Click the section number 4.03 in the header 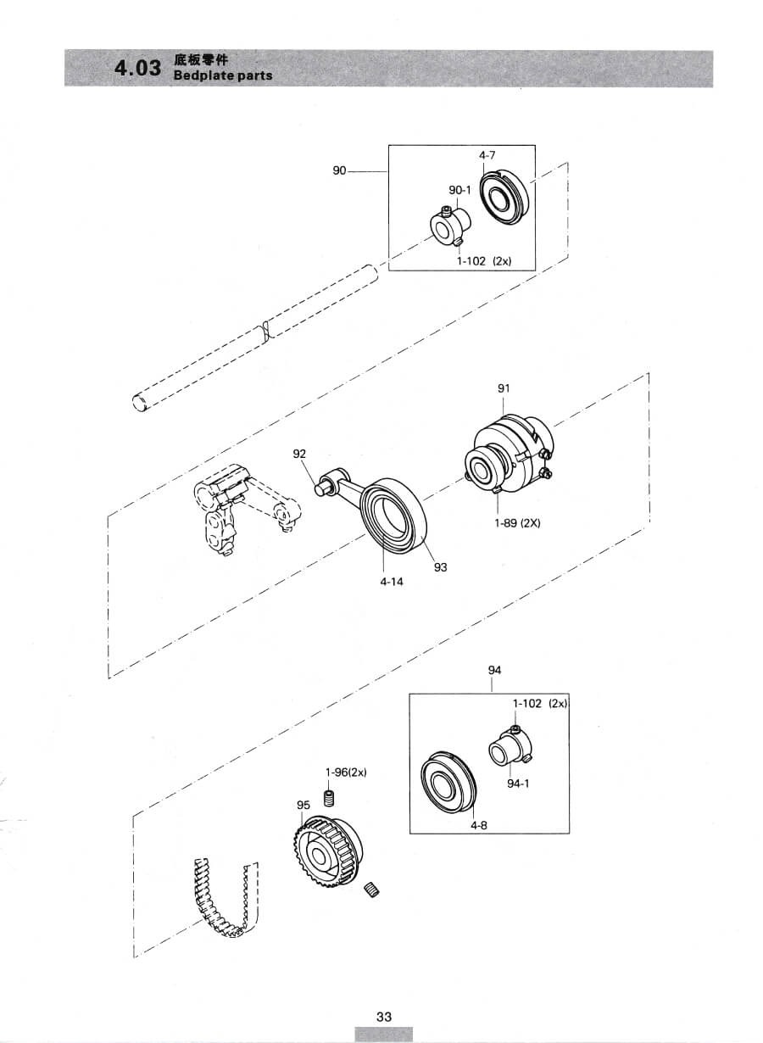click(x=138, y=69)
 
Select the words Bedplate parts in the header click(x=222, y=75)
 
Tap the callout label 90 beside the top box click(x=339, y=171)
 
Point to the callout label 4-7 click(x=487, y=155)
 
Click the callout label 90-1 click(x=460, y=190)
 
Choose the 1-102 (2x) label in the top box click(x=484, y=261)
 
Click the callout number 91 click(x=504, y=388)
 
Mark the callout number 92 click(x=299, y=454)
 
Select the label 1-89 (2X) click(x=517, y=523)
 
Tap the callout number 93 click(x=440, y=567)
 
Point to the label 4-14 click(x=392, y=582)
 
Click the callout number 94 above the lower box click(x=494, y=670)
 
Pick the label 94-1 click(x=518, y=784)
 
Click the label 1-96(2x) click(x=346, y=772)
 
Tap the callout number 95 click(x=303, y=805)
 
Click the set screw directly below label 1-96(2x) click(x=330, y=799)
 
